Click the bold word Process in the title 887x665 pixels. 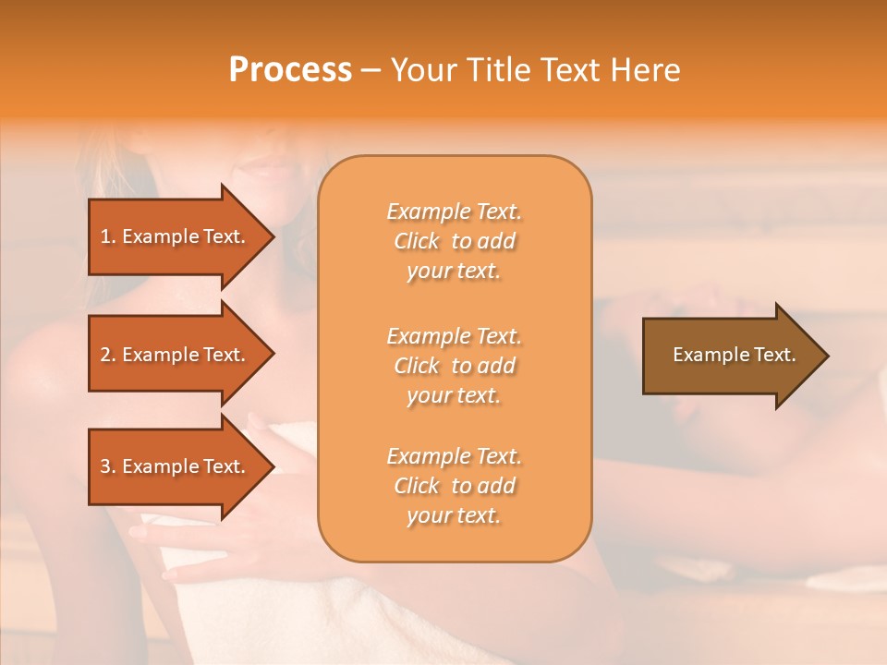[290, 70]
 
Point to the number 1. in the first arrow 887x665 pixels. [108, 236]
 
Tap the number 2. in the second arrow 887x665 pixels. [108, 355]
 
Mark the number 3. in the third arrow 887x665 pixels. [108, 466]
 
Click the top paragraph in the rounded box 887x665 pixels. [454, 241]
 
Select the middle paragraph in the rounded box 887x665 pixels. [454, 366]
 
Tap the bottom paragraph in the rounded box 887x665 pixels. [454, 486]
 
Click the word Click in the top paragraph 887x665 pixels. [417, 242]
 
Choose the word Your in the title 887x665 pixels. [420, 70]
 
